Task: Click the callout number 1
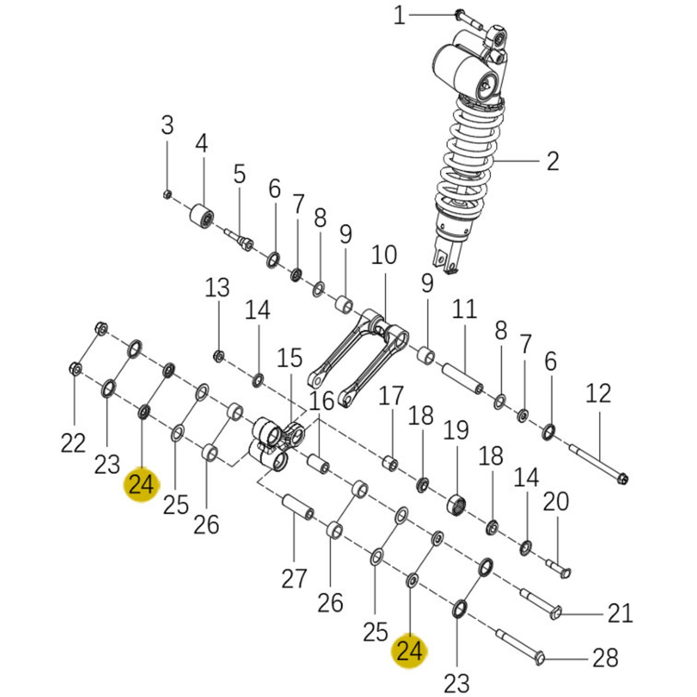click(399, 16)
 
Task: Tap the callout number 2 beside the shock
click(553, 162)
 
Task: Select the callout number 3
click(167, 125)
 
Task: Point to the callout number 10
click(384, 255)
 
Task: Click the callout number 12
click(598, 393)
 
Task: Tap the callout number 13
click(217, 288)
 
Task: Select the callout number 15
click(290, 358)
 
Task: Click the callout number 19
click(456, 430)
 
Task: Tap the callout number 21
click(620, 614)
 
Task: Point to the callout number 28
click(605, 658)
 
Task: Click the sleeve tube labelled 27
click(297, 507)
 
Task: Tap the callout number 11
click(464, 309)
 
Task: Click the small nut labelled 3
click(167, 194)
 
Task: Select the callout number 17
click(391, 397)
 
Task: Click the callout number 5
click(239, 174)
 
